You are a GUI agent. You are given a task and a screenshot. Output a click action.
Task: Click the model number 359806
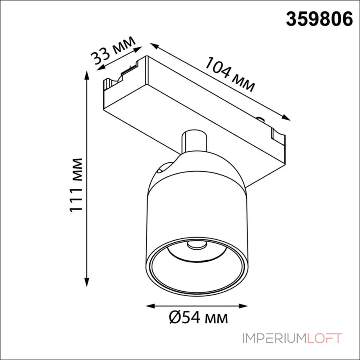(x=319, y=19)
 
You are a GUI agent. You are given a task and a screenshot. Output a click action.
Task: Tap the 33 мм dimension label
(x=113, y=50)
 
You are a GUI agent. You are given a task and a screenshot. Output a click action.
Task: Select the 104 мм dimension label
(x=230, y=75)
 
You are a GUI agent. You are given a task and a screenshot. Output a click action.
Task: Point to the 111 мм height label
(x=76, y=185)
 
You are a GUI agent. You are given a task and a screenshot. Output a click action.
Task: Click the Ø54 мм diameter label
(x=198, y=318)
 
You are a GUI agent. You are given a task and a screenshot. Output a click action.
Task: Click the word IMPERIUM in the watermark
(x=273, y=338)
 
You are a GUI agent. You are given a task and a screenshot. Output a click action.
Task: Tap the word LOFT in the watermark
(x=323, y=338)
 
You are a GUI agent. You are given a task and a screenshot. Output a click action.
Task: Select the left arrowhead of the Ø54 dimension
(x=151, y=306)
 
